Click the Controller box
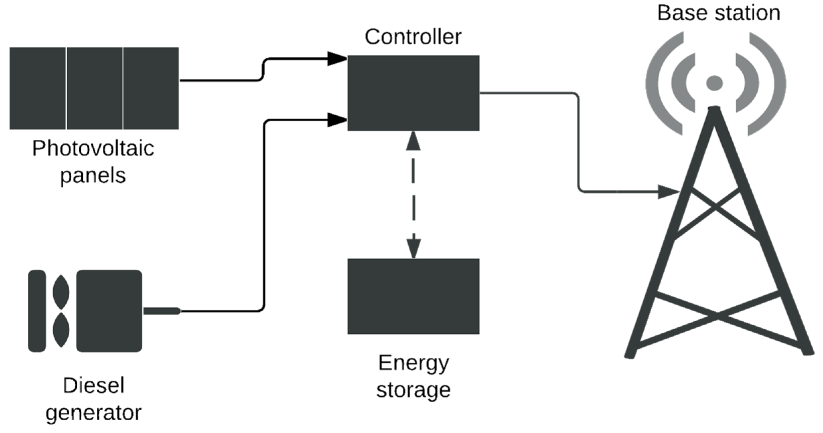click(413, 93)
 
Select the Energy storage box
click(413, 296)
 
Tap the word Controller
click(413, 36)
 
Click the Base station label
click(719, 13)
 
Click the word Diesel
click(93, 386)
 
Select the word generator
click(93, 413)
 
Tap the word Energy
click(413, 363)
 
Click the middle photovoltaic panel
click(95, 88)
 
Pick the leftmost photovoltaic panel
click(37, 88)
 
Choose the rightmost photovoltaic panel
click(151, 88)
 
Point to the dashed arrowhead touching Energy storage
click(414, 248)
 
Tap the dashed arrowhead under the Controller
click(413, 141)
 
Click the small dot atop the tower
click(714, 83)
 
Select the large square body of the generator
click(109, 311)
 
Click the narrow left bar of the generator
click(37, 311)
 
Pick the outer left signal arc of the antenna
click(659, 84)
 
